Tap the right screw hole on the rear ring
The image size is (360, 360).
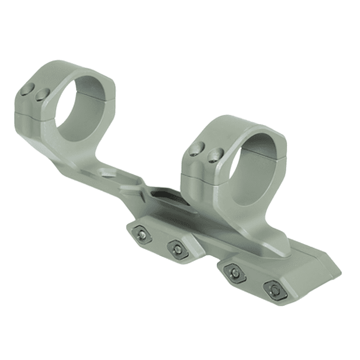click(41, 96)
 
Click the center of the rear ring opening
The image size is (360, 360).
click(84, 107)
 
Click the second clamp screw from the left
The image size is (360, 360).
click(175, 247)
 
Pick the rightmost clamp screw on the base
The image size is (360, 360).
click(274, 289)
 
